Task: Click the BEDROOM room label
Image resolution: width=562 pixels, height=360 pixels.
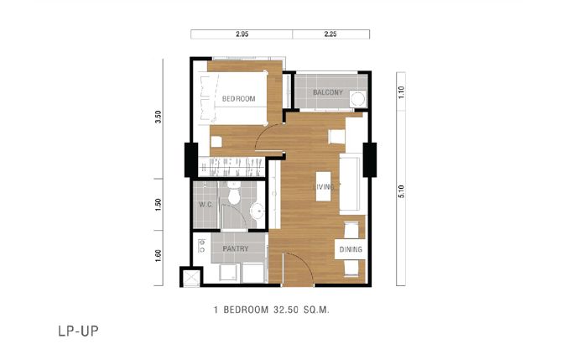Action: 239,99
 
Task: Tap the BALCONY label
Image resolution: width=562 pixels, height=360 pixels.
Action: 328,92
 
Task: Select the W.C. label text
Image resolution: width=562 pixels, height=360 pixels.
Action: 206,205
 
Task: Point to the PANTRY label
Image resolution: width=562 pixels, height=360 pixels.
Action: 235,248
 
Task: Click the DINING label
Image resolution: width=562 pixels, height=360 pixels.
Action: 351,249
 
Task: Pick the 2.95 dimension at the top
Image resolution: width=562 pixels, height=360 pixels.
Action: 242,34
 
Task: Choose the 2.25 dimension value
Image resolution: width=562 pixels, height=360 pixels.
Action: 330,34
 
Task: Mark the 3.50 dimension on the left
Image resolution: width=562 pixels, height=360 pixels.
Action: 158,117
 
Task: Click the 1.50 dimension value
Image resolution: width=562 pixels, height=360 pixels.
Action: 158,205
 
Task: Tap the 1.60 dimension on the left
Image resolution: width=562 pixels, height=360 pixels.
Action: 158,256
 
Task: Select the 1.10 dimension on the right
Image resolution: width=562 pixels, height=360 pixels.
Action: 401,92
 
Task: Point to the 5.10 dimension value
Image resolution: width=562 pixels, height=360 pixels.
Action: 401,191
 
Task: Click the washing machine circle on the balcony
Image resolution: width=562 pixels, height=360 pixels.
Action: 357,99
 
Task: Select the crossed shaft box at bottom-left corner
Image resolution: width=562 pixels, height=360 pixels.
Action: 191,277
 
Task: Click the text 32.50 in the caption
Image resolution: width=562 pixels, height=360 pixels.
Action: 286,310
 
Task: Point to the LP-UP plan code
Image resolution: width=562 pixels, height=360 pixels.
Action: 78,331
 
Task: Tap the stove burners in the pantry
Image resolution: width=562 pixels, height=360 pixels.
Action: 201,245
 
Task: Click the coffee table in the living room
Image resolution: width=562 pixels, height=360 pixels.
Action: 323,186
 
